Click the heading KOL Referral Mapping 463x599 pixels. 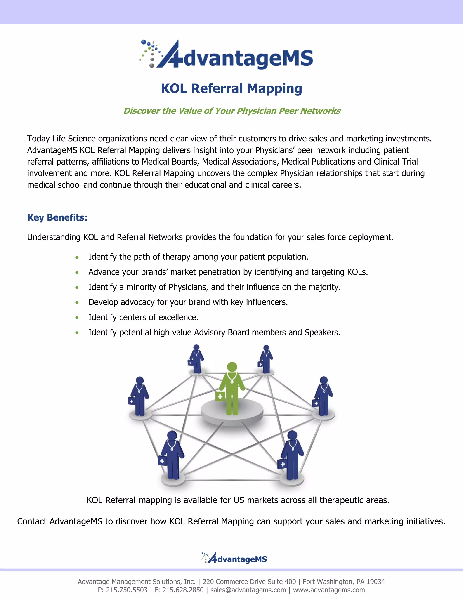(x=231, y=89)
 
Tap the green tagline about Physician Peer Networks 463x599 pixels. (x=232, y=111)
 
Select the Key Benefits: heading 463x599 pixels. (x=57, y=217)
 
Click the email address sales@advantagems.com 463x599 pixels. (x=248, y=590)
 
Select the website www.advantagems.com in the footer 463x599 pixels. (x=329, y=590)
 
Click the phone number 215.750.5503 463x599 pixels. (x=127, y=590)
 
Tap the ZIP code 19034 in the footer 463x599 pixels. (x=376, y=582)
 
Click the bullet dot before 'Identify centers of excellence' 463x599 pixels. (x=77, y=318)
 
